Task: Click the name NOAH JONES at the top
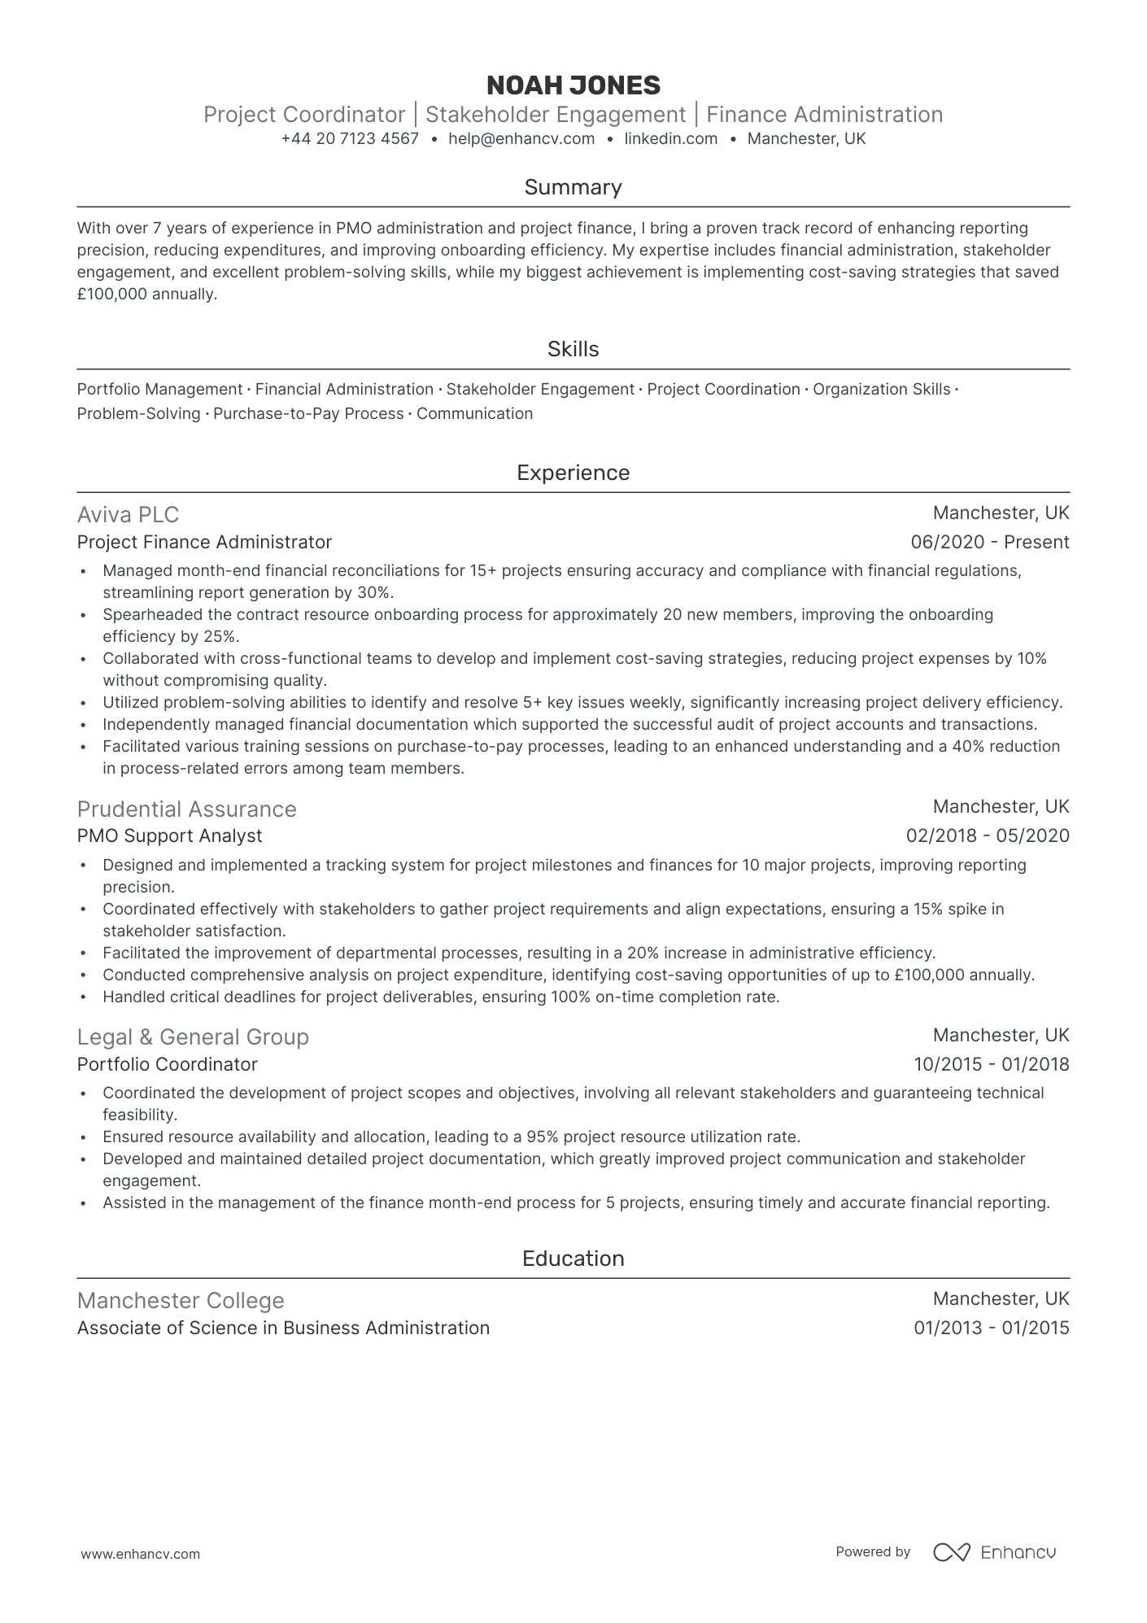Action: click(x=573, y=85)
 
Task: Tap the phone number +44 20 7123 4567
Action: click(x=350, y=139)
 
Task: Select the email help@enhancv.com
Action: click(x=521, y=139)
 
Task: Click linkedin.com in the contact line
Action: click(x=671, y=139)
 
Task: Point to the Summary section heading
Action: click(x=573, y=187)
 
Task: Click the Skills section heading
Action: click(x=573, y=349)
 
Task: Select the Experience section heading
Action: click(x=573, y=473)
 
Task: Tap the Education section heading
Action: click(x=573, y=1259)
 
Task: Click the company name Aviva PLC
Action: click(x=128, y=515)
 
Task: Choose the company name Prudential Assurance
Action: click(x=186, y=809)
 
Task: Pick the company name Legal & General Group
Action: click(x=193, y=1037)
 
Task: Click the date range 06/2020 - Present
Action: click(x=990, y=543)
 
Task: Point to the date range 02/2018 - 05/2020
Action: click(x=988, y=836)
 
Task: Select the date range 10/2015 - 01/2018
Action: click(x=991, y=1064)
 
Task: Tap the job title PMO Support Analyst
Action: click(x=169, y=836)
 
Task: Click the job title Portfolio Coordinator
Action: click(x=167, y=1064)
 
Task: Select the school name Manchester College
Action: click(x=181, y=1301)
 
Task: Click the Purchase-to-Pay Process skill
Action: click(x=308, y=414)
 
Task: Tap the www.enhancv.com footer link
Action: click(x=141, y=1554)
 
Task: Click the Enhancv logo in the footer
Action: click(x=994, y=1552)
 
